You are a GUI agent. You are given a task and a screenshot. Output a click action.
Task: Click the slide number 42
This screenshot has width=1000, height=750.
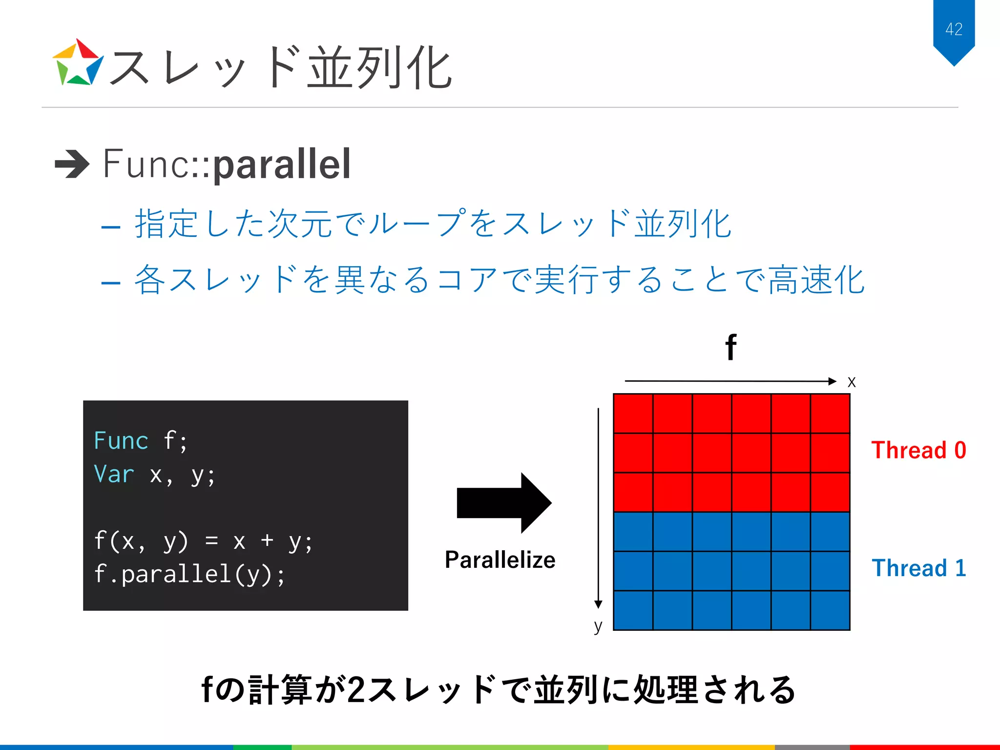954,29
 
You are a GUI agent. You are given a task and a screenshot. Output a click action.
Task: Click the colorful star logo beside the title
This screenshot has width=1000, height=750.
78,63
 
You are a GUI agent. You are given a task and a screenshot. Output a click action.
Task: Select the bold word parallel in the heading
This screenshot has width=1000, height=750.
282,165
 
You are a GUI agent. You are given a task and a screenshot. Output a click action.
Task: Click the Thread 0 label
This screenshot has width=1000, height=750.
918,450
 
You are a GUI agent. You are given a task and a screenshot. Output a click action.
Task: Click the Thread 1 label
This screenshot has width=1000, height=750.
918,568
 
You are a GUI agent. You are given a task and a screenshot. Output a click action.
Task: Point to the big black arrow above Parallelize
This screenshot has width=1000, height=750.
503,503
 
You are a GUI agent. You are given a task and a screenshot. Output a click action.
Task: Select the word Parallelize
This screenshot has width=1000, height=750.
500,560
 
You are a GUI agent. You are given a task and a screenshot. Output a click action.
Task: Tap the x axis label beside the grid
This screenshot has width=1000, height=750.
852,382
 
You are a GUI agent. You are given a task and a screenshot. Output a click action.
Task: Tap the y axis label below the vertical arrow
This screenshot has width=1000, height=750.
598,626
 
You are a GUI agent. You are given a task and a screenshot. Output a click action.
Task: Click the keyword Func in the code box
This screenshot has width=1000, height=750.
121,441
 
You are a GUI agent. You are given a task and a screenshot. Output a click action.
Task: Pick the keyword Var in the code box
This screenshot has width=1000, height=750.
114,475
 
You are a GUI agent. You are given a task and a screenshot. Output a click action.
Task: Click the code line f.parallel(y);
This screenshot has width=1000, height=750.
189,574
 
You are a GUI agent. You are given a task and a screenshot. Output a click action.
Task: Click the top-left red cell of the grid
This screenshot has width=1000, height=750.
633,414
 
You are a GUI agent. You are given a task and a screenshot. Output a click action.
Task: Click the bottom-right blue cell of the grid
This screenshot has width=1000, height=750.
830,610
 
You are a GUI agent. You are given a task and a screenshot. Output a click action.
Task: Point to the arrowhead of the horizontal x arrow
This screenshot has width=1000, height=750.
833,381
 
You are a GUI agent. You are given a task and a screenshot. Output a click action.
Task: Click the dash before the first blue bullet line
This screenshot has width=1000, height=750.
111,227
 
